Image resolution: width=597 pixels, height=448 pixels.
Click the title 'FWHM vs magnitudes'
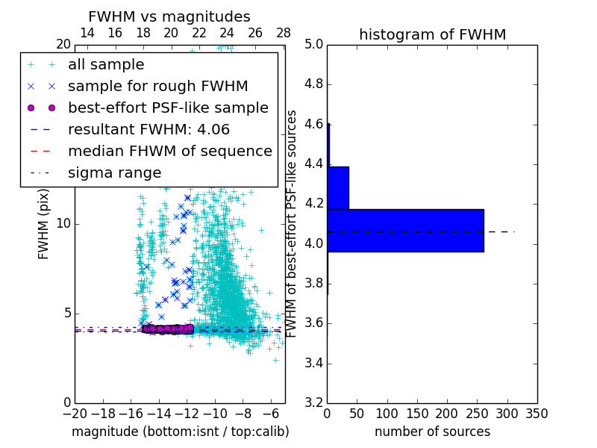[x=169, y=16]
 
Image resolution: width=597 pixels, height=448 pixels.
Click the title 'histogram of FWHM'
[x=432, y=34]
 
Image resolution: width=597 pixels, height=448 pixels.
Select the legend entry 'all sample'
[x=106, y=65]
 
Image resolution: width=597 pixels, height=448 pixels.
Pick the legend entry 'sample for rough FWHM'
[x=157, y=86]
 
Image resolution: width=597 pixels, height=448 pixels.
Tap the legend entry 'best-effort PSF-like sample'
[x=168, y=108]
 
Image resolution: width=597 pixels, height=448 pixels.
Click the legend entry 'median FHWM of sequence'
[x=169, y=151]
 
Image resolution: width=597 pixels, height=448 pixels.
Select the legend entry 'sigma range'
[x=114, y=172]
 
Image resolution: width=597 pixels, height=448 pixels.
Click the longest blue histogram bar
[x=405, y=230]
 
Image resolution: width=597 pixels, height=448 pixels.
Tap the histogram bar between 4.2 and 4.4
[x=338, y=187]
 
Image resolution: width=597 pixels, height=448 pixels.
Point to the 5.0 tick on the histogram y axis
[x=313, y=44]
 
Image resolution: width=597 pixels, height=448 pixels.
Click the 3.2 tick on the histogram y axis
[x=313, y=402]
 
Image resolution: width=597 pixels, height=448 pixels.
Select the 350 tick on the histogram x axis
[x=537, y=414]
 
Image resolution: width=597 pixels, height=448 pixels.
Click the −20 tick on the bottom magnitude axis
[x=75, y=414]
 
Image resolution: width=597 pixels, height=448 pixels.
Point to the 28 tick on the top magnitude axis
[x=284, y=33]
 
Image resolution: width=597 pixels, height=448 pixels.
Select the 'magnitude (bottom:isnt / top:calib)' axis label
[x=180, y=432]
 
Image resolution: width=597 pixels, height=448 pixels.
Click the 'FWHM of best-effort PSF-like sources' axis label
[x=293, y=223]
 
